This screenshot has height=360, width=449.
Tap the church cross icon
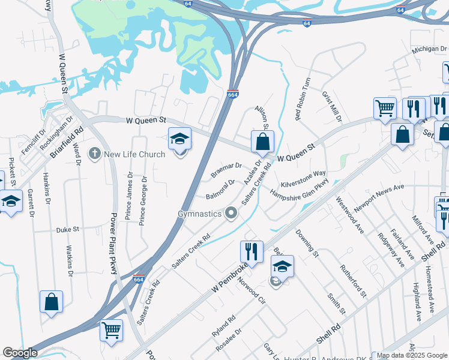pyautogui.click(x=94, y=154)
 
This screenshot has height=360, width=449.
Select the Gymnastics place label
pyautogui.click(x=199, y=213)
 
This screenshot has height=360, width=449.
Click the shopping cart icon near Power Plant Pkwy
pyautogui.click(x=111, y=329)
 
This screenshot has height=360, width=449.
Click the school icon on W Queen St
pyautogui.click(x=179, y=139)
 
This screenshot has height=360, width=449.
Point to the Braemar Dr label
pyautogui.click(x=226, y=170)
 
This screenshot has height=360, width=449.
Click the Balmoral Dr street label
pyautogui.click(x=220, y=190)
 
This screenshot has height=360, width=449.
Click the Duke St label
pyautogui.click(x=68, y=229)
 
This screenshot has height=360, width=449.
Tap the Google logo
pyautogui.click(x=20, y=353)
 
